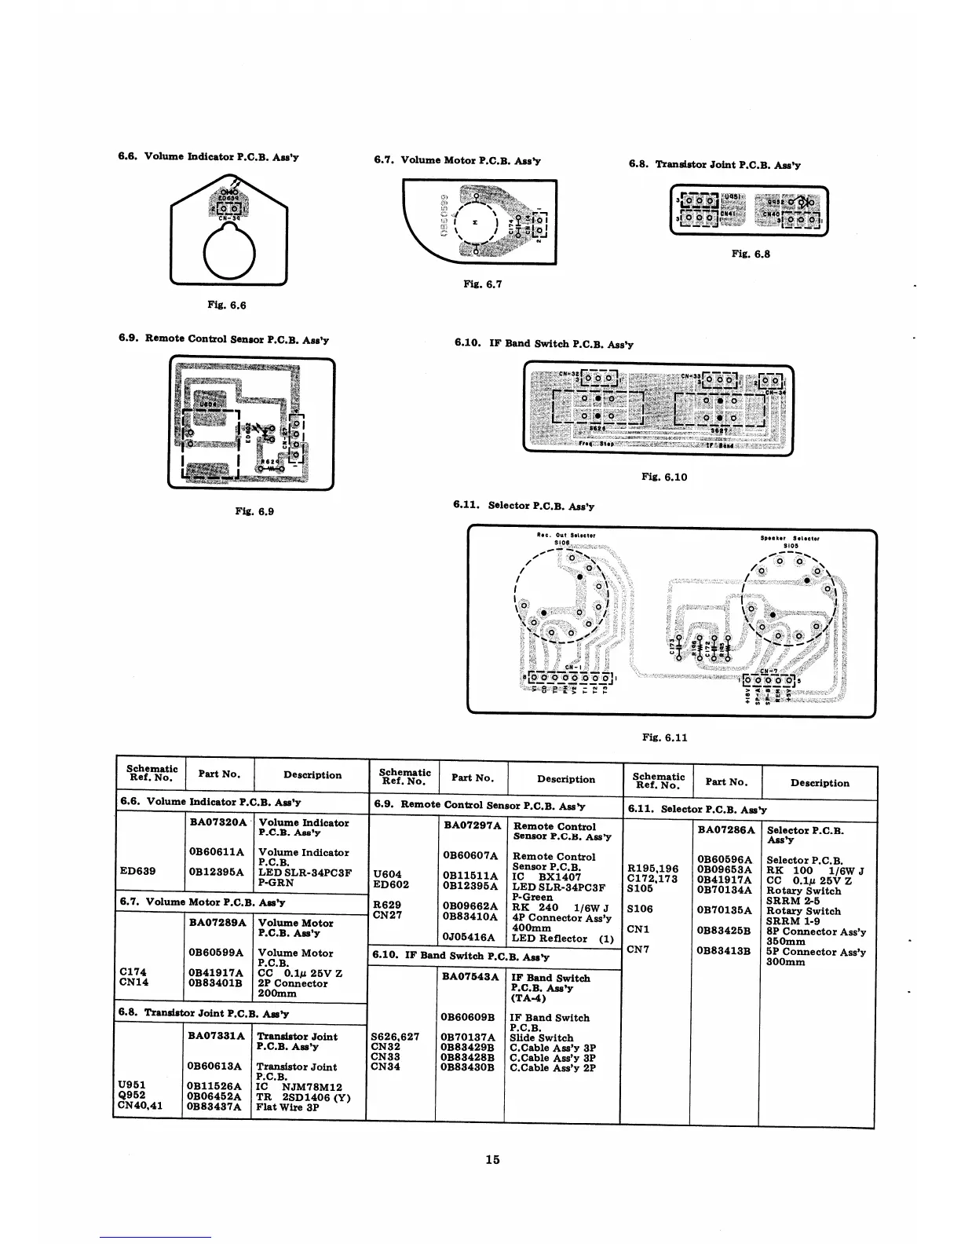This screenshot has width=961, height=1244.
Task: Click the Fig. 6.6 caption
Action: [x=227, y=305]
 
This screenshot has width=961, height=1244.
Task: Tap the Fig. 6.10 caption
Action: [x=663, y=477]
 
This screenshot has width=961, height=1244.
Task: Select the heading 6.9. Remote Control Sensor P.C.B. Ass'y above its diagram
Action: [x=224, y=340]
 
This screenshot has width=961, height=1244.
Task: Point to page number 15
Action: [x=492, y=1159]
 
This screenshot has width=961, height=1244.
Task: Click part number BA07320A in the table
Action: [x=218, y=822]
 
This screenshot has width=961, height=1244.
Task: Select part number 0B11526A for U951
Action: [x=214, y=1087]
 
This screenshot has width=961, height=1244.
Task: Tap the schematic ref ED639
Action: [x=137, y=871]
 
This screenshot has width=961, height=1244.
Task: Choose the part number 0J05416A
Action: [x=469, y=937]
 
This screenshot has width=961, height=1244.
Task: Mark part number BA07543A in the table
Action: [x=470, y=977]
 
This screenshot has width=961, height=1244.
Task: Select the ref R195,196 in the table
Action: [x=653, y=869]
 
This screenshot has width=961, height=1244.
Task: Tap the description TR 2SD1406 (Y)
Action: [x=303, y=1097]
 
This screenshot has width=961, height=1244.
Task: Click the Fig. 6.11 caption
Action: [x=664, y=737]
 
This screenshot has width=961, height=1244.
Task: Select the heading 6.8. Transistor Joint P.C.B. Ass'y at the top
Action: [x=714, y=165]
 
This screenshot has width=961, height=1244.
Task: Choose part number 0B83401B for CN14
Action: [x=214, y=982]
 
